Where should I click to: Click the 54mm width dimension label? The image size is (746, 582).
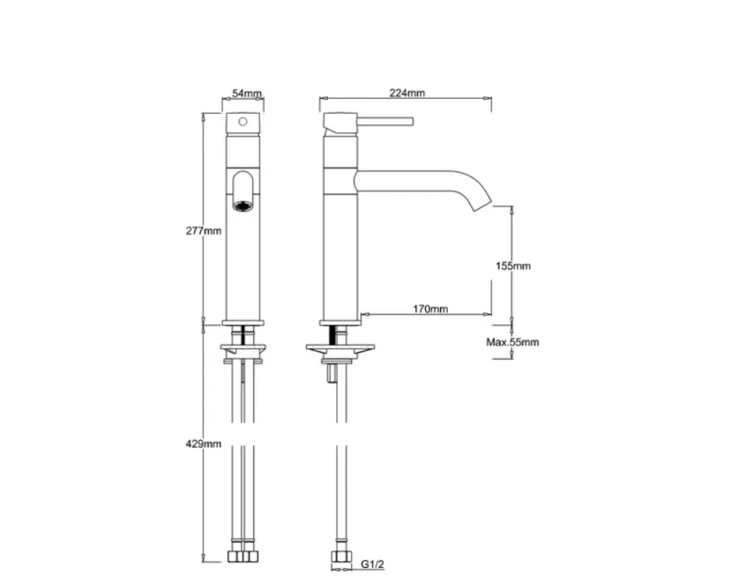(x=247, y=93)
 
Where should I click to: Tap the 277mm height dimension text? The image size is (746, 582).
(x=205, y=231)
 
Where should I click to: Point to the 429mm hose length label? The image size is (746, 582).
(x=205, y=444)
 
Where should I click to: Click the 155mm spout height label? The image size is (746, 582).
(x=512, y=265)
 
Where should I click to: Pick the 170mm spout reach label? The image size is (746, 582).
(x=430, y=310)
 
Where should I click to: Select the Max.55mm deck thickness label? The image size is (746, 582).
(x=512, y=342)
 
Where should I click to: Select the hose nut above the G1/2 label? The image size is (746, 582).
(x=339, y=559)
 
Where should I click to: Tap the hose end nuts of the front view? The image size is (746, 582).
(x=242, y=559)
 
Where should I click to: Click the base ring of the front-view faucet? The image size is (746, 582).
(x=242, y=322)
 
